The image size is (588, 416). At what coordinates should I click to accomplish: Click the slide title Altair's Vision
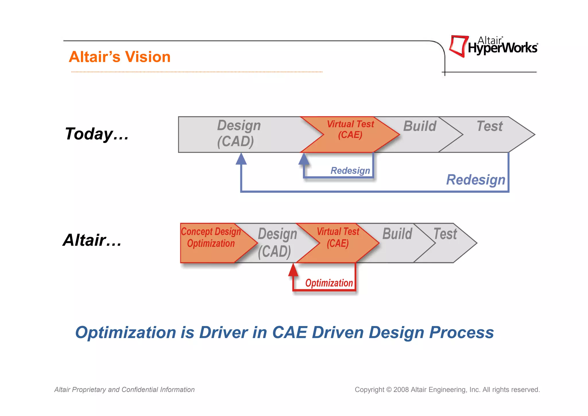point(119,57)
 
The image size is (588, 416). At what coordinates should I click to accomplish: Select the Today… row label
point(97,134)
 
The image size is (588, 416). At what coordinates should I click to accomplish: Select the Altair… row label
point(92,240)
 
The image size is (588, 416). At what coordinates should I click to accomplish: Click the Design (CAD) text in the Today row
point(238,133)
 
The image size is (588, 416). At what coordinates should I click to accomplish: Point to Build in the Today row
point(419,126)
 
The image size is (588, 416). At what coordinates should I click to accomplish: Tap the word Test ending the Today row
point(490,126)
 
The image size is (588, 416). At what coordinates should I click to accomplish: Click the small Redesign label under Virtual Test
point(350,170)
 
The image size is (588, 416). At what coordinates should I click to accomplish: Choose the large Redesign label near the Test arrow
point(475,180)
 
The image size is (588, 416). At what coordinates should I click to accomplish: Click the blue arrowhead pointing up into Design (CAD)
point(241,159)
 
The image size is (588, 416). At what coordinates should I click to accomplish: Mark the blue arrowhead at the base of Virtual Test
point(304,159)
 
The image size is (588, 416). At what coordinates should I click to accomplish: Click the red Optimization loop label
point(329,283)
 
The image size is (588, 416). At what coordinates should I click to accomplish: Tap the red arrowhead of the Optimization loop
point(293,270)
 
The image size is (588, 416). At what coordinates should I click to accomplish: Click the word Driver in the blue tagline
point(223,333)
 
